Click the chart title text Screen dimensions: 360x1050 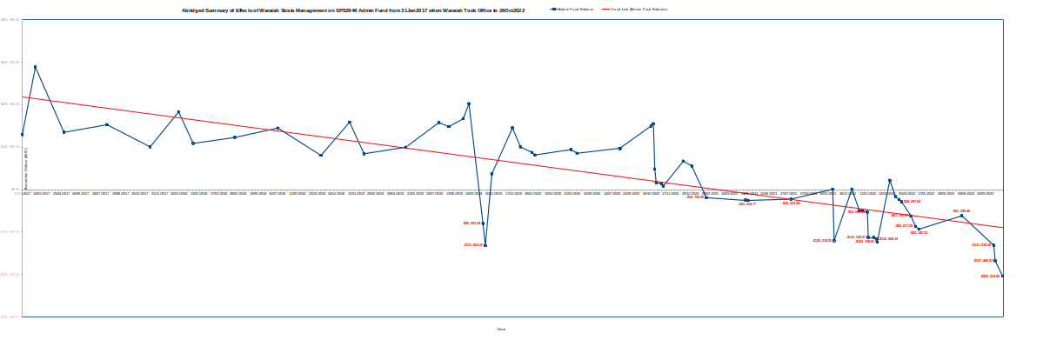[x=353, y=10]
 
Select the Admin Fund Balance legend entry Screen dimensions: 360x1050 [x=575, y=9]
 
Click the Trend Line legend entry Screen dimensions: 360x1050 [x=639, y=9]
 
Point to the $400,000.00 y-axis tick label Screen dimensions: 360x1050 [x=10, y=19]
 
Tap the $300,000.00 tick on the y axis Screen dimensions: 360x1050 [x=10, y=62]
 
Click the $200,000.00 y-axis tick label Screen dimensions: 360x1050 [x=10, y=104]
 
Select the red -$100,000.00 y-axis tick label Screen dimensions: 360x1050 [x=10, y=232]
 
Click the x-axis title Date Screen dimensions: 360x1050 [x=501, y=330]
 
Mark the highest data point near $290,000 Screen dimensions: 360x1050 [x=35, y=67]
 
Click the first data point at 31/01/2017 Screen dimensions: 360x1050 [x=22, y=135]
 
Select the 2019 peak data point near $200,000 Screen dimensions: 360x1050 [x=469, y=104]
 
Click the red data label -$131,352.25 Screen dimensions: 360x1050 [x=473, y=245]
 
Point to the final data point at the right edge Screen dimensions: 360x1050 [x=1002, y=276]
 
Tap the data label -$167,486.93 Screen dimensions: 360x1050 [x=983, y=261]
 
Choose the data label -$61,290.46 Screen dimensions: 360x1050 [x=961, y=211]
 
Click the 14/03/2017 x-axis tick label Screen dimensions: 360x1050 [x=41, y=194]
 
